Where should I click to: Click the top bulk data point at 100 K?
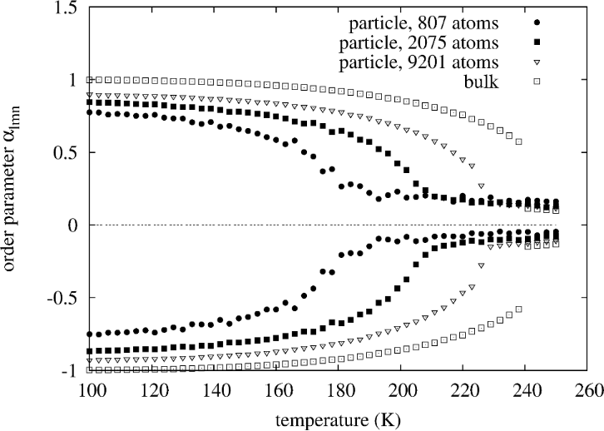point(90,80)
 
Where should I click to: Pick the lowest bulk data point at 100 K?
point(90,369)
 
